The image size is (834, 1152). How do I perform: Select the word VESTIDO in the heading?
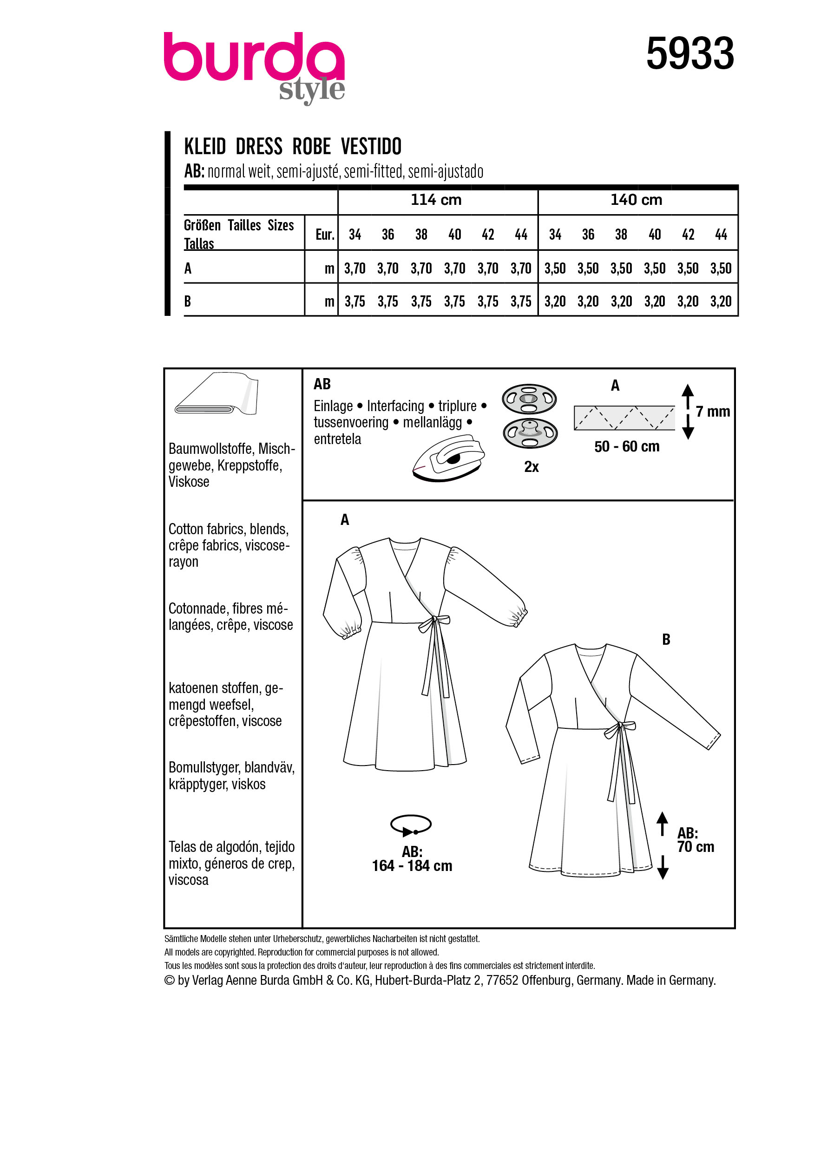[371, 147]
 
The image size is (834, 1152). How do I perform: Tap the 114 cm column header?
[436, 200]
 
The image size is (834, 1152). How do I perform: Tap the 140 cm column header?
[636, 200]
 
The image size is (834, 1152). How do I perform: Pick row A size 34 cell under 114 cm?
[355, 268]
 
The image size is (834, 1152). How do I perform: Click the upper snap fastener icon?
[529, 399]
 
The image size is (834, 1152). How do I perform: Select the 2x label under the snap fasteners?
[531, 467]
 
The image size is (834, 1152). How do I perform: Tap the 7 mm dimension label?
[712, 412]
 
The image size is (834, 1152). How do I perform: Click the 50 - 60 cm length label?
[626, 447]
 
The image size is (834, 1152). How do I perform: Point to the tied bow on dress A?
[432, 623]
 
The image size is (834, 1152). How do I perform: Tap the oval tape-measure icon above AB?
[410, 825]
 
